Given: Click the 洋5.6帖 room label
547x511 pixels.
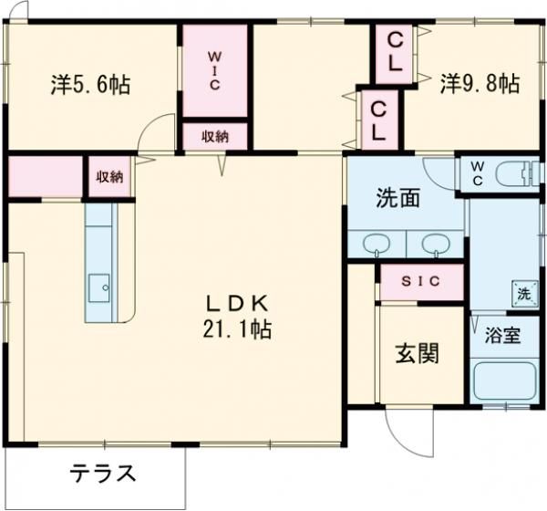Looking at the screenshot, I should point(89,86).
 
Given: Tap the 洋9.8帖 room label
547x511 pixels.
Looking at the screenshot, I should point(480,84).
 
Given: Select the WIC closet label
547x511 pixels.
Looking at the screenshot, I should point(214,72).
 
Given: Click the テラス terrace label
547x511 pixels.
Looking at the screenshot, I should point(104,474).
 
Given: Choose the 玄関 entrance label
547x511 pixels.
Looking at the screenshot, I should point(418,353).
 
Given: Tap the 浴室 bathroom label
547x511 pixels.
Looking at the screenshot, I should point(503,335).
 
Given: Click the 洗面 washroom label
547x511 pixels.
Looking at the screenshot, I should point(398,198).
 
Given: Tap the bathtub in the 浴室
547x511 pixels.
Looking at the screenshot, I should point(505,381).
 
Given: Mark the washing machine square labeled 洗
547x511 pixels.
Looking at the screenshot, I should point(523,295).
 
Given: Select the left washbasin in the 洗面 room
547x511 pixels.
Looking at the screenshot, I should point(376,245).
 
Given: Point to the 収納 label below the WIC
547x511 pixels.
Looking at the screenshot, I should point(215,137).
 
